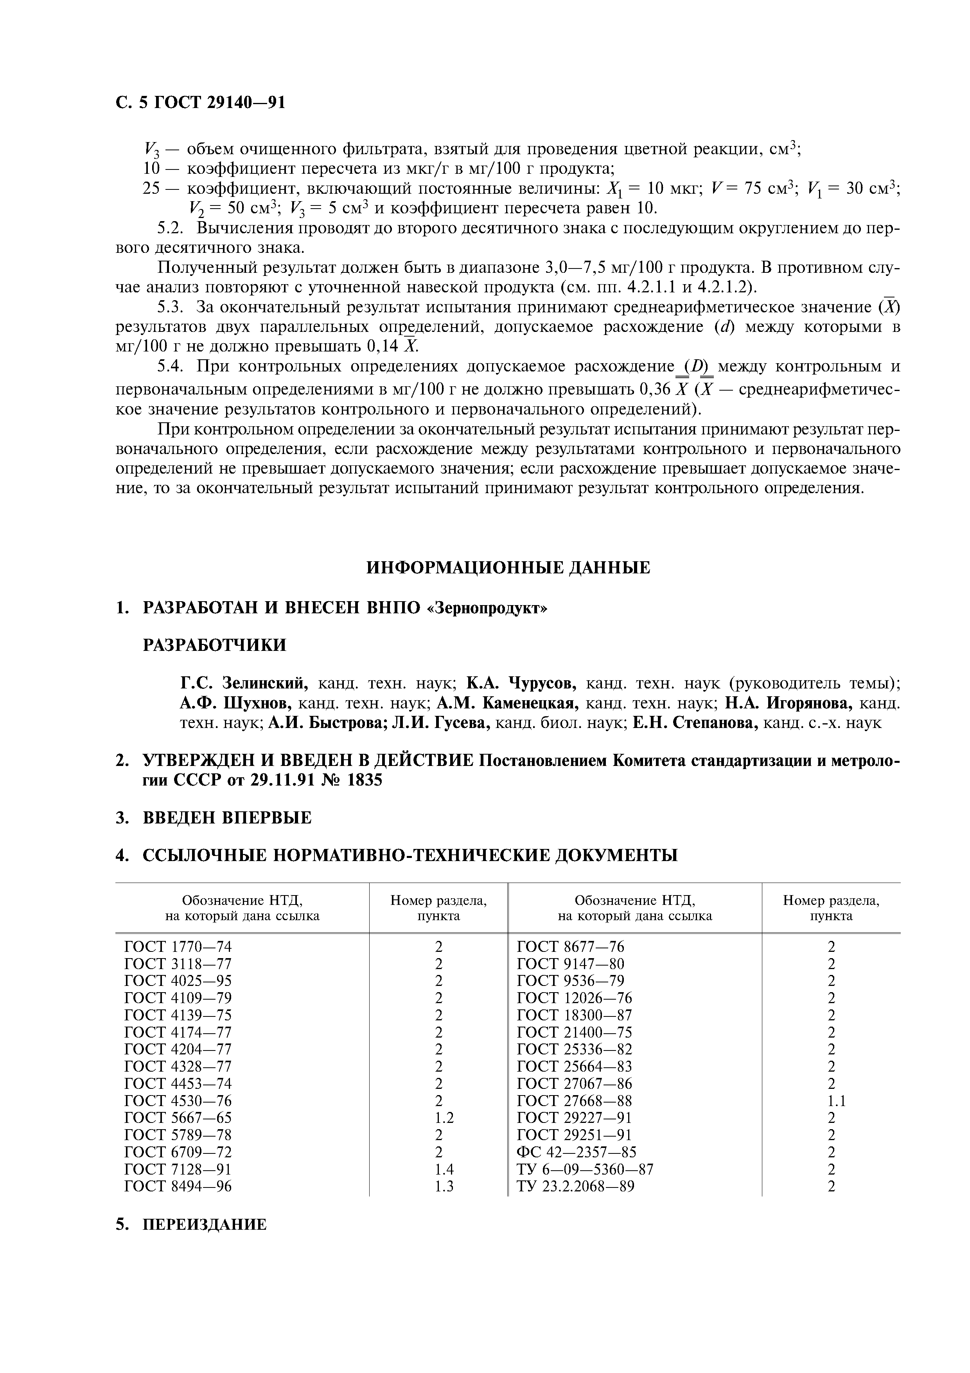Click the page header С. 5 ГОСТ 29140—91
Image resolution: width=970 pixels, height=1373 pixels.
point(200,103)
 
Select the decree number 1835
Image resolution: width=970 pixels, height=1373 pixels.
point(361,780)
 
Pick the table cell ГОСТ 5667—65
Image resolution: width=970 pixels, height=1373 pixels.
point(178,1118)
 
